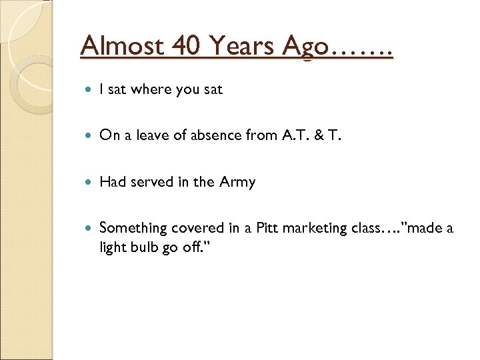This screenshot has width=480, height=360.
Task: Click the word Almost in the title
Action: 121,47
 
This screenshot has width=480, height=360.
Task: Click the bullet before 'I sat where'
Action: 90,89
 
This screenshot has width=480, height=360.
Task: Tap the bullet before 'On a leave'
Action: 90,136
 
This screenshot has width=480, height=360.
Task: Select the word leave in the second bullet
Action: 153,135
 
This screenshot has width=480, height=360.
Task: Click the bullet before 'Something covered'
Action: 90,229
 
